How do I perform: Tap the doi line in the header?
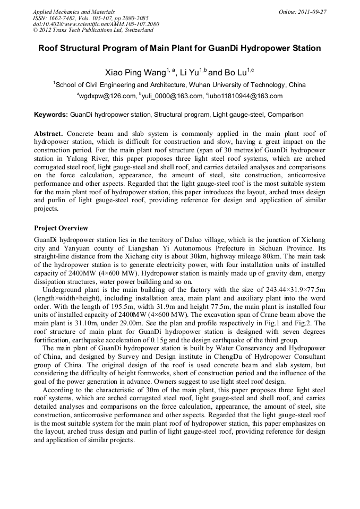tap(96, 24)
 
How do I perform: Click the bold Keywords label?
tap(51, 114)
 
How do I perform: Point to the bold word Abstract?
tap(49, 134)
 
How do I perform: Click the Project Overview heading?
tap(61, 228)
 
